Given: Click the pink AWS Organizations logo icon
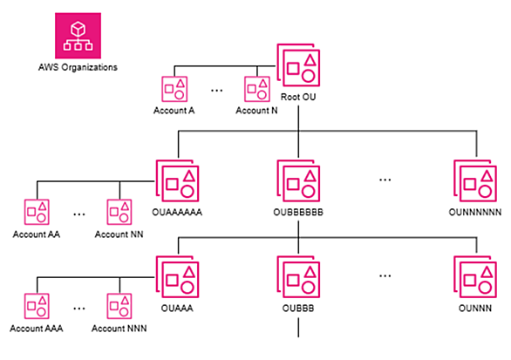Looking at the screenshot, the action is tap(78, 36).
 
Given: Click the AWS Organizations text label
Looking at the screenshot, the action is tap(78, 67).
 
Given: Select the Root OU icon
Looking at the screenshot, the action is tap(298, 65).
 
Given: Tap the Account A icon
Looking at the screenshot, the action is tap(174, 89).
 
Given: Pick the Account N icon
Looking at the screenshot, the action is tap(257, 89).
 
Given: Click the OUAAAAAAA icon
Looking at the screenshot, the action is tap(177, 180).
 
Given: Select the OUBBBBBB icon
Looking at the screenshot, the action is tap(298, 180).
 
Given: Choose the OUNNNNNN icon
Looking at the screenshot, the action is tap(475, 180).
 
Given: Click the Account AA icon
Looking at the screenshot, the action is tap(37, 212).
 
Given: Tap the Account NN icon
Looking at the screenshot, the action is tap(119, 212).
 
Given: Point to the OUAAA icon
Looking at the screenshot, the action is tap(177, 277).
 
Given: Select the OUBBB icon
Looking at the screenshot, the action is tap(298, 277).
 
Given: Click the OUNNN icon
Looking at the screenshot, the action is tap(475, 277).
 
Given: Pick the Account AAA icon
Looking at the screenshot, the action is tap(37, 306).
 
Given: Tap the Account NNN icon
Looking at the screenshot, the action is tap(119, 306).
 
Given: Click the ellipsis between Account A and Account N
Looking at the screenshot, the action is tap(217, 91).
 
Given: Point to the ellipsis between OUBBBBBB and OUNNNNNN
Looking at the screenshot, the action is tap(385, 180).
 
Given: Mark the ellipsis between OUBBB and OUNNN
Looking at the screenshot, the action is tap(385, 276).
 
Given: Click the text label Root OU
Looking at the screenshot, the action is tap(298, 97).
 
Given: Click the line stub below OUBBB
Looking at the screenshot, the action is tap(298, 328).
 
